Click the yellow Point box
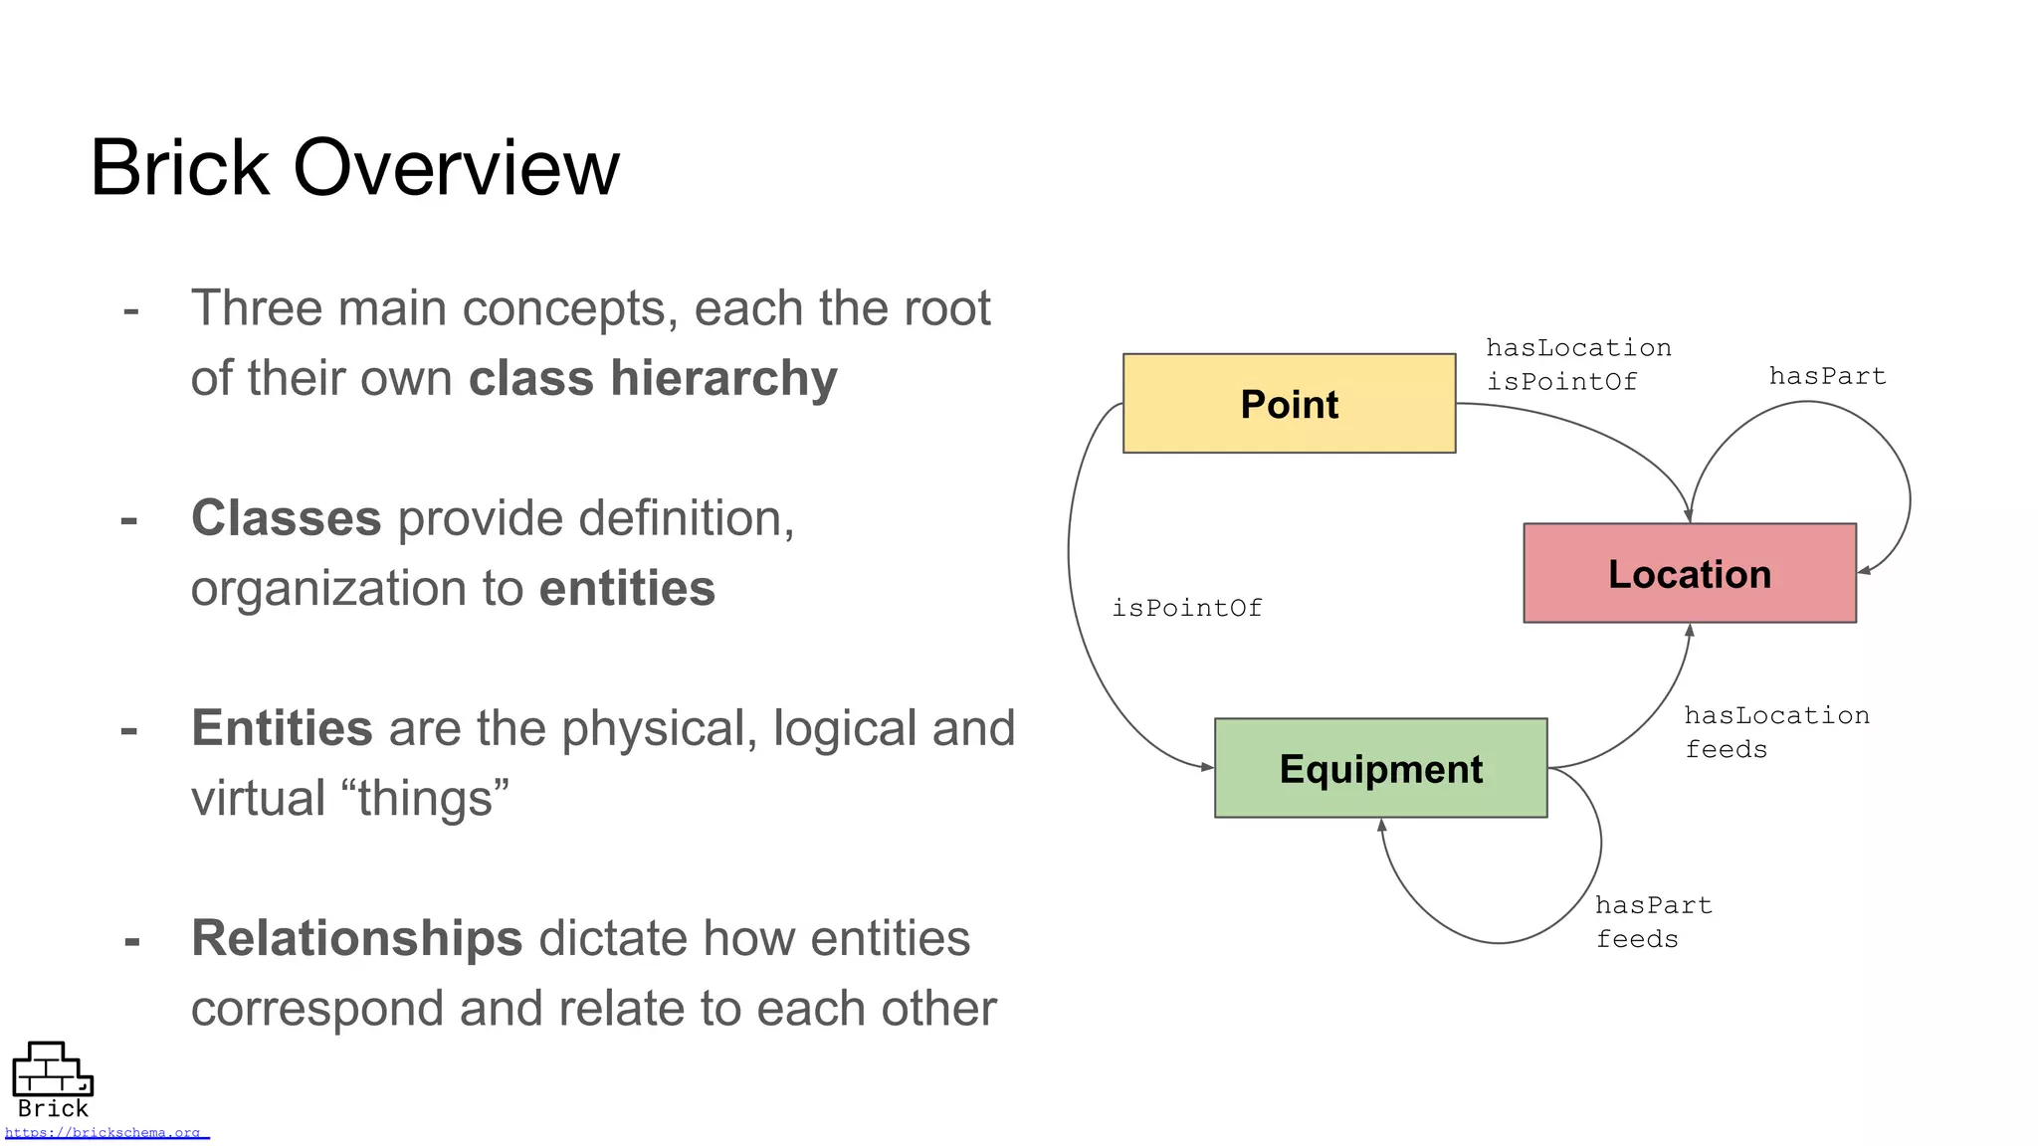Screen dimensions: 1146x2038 click(1289, 404)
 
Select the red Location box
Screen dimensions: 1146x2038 click(1689, 574)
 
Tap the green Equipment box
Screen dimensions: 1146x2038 click(1380, 769)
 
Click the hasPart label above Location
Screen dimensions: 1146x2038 click(1827, 376)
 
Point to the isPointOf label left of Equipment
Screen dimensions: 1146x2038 click(1186, 608)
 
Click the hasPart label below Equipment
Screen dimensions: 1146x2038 click(1653, 905)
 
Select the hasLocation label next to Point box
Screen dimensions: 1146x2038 click(1578, 348)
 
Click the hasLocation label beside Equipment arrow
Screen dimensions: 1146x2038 click(1776, 715)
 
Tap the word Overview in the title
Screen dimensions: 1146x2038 click(456, 168)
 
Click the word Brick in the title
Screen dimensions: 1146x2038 click(179, 168)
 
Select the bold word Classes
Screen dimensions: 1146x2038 click(286, 518)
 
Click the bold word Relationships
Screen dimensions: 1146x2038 click(356, 938)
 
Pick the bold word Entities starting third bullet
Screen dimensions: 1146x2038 click(282, 728)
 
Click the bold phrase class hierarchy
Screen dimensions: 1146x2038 click(653, 379)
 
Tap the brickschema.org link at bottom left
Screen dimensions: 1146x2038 click(105, 1133)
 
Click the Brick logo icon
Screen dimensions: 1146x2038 click(52, 1070)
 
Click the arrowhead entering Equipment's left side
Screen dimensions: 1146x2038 click(1207, 767)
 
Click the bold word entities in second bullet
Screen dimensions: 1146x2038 click(627, 589)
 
